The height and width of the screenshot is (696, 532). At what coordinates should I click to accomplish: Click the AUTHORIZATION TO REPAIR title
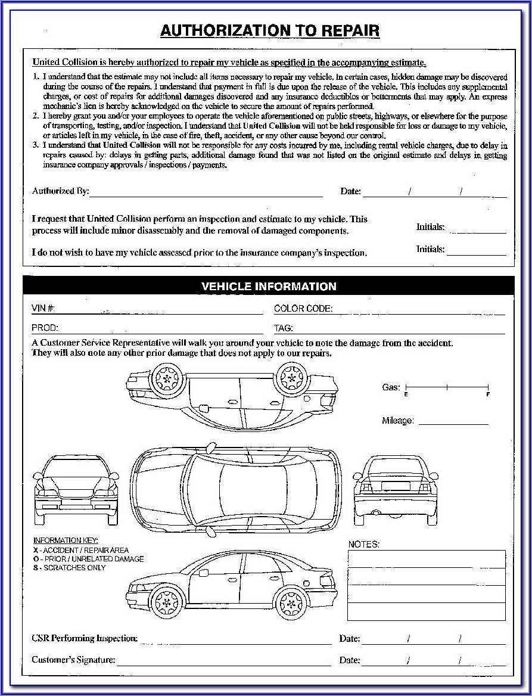click(x=269, y=32)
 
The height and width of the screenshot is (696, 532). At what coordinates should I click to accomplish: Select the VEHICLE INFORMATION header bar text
click(x=269, y=287)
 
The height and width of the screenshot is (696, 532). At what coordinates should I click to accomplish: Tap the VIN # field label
click(x=43, y=309)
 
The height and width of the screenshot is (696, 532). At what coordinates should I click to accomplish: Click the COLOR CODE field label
click(x=303, y=309)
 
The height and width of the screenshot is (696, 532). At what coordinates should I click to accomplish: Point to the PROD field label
click(x=45, y=328)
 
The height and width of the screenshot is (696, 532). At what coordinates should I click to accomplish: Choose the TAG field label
click(x=283, y=328)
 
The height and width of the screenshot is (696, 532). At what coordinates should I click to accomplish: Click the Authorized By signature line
click(x=206, y=192)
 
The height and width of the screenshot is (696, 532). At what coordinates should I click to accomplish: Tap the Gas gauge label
click(x=391, y=387)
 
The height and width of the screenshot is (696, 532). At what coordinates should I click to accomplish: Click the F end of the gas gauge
click(x=488, y=394)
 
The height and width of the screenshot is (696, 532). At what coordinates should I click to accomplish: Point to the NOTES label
click(x=363, y=545)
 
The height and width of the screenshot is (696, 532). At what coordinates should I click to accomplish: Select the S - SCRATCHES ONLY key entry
click(x=69, y=568)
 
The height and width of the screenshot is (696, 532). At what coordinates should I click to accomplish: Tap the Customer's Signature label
click(x=73, y=660)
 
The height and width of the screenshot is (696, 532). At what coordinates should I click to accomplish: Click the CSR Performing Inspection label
click(x=84, y=639)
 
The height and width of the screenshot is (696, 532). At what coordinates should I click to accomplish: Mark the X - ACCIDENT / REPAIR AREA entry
click(x=80, y=550)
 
